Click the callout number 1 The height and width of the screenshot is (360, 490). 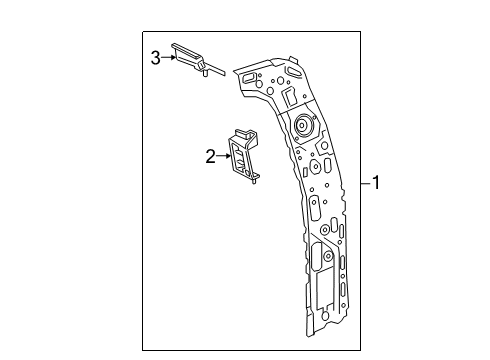[x=377, y=182]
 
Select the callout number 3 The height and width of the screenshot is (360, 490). [x=156, y=59]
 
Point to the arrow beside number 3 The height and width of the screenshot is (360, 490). [x=168, y=59]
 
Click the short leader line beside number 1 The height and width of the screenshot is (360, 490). [x=364, y=182]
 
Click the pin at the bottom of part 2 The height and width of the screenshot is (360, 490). [x=257, y=181]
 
